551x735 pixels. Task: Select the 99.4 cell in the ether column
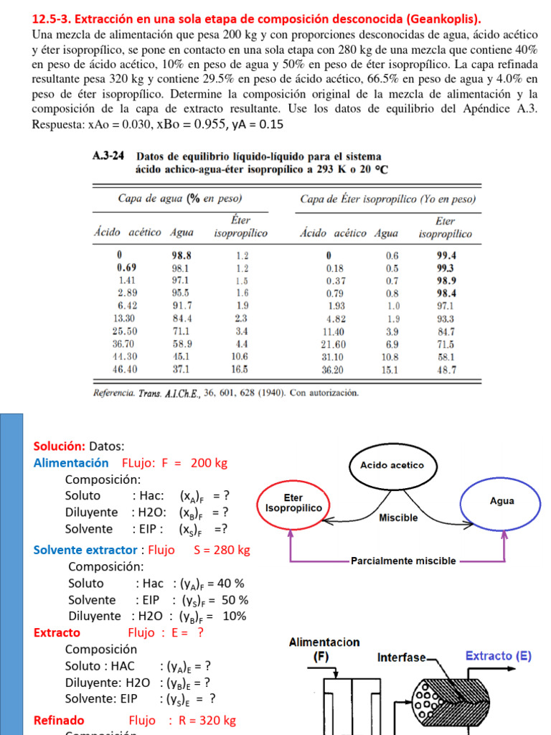pyautogui.click(x=446, y=255)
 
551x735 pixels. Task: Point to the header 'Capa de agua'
pyautogui.click(x=152, y=199)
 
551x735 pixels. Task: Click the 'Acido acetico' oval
pyautogui.click(x=387, y=464)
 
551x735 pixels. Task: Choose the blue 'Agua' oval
pyautogui.click(x=501, y=500)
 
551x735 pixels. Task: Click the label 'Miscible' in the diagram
pyautogui.click(x=398, y=517)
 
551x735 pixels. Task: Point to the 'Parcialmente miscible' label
pyautogui.click(x=403, y=561)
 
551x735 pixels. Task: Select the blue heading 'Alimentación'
pyautogui.click(x=71, y=463)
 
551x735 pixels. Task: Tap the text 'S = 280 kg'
pyautogui.click(x=222, y=551)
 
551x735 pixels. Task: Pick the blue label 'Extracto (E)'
pyautogui.click(x=499, y=655)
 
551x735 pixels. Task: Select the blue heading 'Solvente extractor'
pyautogui.click(x=85, y=551)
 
